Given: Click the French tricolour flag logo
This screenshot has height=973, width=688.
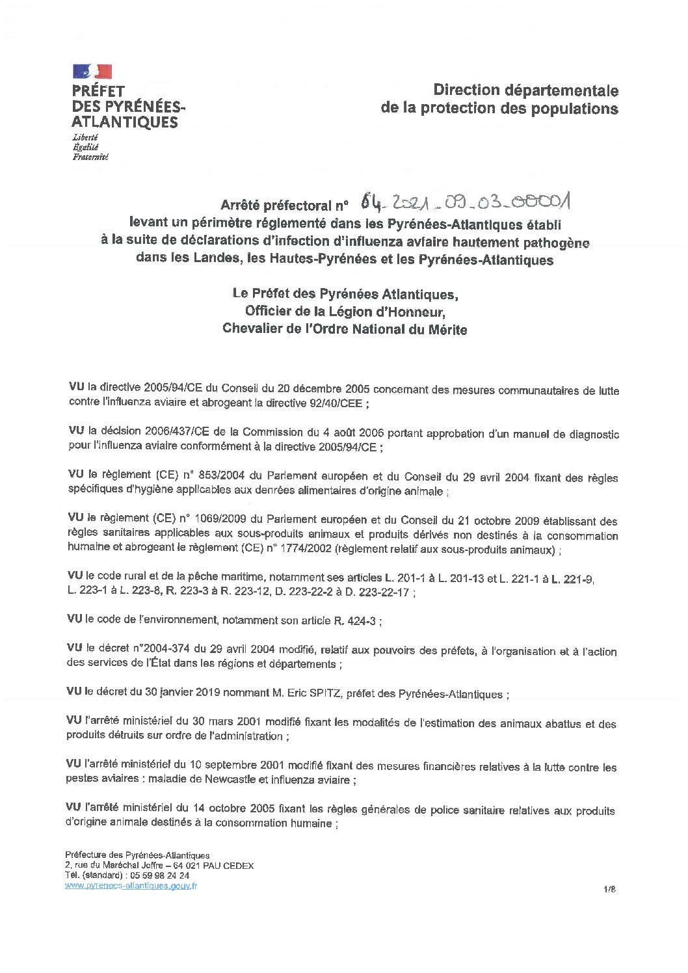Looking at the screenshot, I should click(x=92, y=71).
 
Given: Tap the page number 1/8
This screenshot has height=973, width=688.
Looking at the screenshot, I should click(x=609, y=887).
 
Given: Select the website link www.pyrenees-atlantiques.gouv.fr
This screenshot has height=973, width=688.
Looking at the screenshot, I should click(x=131, y=885).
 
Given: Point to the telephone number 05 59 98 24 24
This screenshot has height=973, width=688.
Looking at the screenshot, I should click(x=152, y=875).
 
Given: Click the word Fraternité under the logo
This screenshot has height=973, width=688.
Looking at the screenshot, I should click(x=90, y=157).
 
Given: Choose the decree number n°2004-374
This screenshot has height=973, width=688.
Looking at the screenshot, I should click(x=152, y=651).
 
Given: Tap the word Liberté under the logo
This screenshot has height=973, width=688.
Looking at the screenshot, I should click(x=85, y=139).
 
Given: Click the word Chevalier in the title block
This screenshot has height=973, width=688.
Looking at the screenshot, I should click(x=254, y=329).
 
